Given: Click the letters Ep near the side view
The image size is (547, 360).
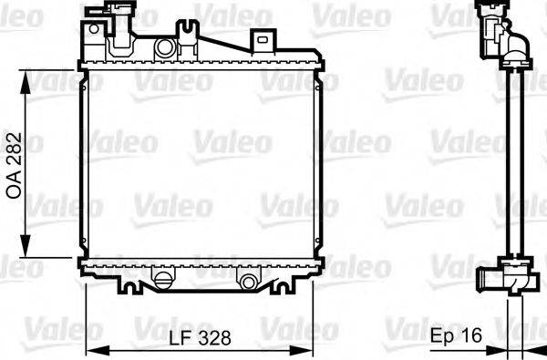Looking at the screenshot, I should [444, 337].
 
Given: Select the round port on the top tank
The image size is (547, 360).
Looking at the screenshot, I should [165, 47].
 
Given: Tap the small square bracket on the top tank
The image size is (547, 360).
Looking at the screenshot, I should [263, 40].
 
